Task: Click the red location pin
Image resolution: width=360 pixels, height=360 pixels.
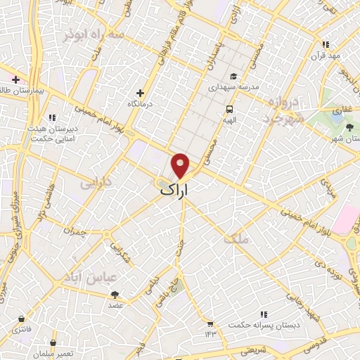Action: [181, 165]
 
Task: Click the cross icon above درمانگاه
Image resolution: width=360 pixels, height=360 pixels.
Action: [141, 93]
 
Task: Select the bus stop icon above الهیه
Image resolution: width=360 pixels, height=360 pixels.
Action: [229, 109]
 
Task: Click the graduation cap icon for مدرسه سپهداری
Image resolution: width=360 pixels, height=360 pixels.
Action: [233, 77]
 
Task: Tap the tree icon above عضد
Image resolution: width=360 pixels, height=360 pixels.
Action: [115, 295]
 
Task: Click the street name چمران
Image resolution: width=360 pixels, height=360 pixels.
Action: [74, 230]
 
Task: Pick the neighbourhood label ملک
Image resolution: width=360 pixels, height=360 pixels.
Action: [236, 239]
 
